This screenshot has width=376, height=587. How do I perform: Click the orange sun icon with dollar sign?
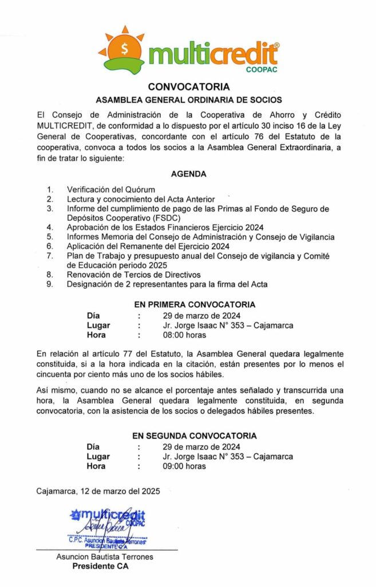[124, 49]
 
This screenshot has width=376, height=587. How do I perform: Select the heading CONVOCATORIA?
[188, 87]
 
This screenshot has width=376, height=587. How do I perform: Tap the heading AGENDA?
[188, 174]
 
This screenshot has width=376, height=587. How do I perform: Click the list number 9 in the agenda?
[50, 284]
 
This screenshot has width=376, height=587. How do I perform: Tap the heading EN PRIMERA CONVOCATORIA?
[194, 304]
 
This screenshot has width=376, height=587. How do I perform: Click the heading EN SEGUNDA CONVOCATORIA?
[195, 436]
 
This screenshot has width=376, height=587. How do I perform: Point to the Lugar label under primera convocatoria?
[98, 325]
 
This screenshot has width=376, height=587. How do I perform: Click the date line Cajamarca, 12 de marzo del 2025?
[98, 491]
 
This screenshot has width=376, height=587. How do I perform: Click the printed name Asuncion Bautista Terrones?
[105, 557]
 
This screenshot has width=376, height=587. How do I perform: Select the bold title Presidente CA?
[100, 566]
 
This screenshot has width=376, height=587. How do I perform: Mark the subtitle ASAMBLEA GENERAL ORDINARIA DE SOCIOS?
[188, 99]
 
